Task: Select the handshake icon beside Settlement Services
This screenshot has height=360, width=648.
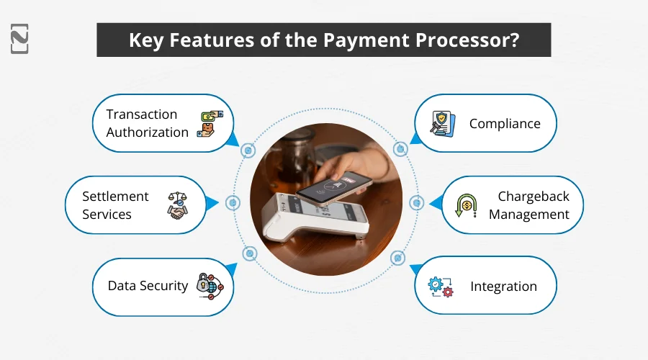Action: coord(176,205)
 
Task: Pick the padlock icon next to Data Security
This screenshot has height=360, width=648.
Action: coord(210,286)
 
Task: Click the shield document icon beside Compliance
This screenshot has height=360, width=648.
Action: coord(441,124)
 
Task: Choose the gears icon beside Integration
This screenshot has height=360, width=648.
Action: coord(441,286)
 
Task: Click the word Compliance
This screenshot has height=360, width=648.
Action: coord(505,124)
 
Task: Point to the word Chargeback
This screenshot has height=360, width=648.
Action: coord(533,197)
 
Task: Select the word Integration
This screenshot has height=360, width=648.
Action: coord(503,287)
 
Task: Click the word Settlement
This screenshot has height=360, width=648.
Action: coord(115,197)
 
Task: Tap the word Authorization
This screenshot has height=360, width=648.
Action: coord(147,132)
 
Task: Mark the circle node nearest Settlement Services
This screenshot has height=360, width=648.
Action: coord(232,204)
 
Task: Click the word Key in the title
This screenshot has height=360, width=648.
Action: coord(145,40)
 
